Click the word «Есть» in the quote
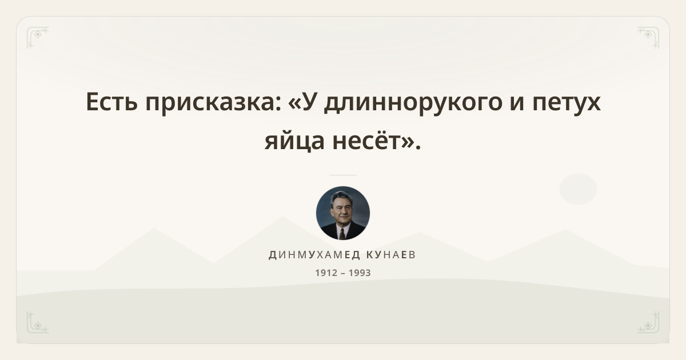click(x=112, y=102)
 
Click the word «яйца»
click(x=294, y=141)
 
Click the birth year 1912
click(x=326, y=273)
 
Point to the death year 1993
click(x=360, y=273)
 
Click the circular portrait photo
click(x=343, y=213)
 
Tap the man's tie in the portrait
click(x=342, y=234)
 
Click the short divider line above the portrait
click(x=343, y=175)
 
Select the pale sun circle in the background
click(x=578, y=189)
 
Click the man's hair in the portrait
click(x=340, y=197)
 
